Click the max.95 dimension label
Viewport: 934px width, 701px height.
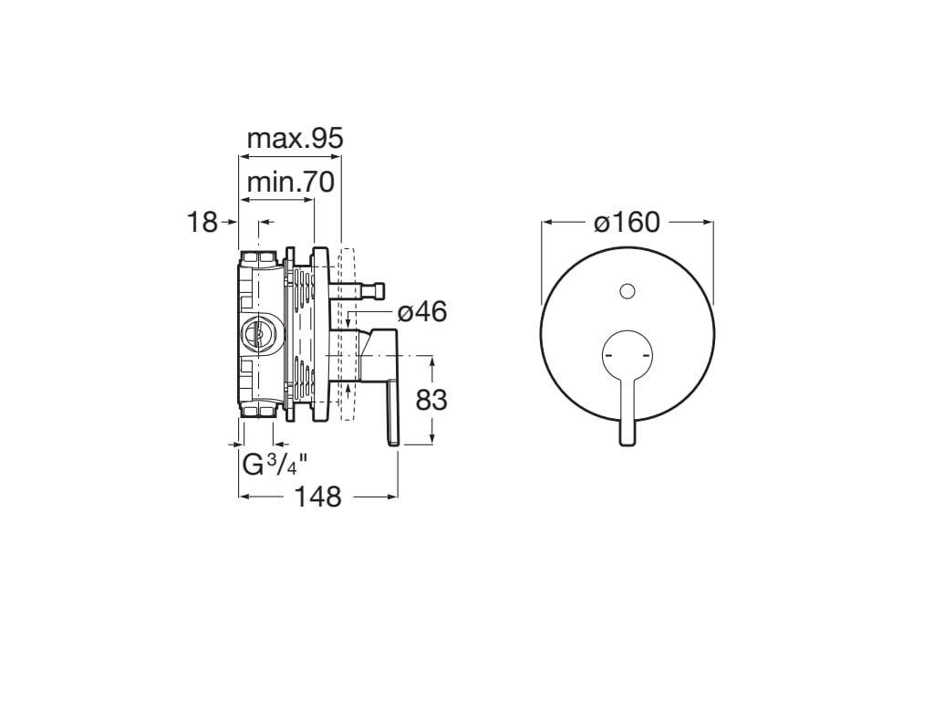coord(295,139)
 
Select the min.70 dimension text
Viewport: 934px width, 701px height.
coord(291,182)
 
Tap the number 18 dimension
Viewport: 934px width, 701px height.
coord(202,221)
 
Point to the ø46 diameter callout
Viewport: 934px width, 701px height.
coord(421,312)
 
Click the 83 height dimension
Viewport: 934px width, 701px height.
coord(431,400)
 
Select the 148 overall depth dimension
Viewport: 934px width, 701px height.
coord(318,497)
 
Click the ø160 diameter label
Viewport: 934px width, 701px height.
coord(627,222)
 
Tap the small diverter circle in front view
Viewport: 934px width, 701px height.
coord(627,291)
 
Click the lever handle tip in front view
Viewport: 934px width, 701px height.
coord(627,438)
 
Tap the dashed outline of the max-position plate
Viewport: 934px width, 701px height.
coord(346,334)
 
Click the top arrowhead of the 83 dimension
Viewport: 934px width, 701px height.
coord(431,361)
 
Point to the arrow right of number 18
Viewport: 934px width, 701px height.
coord(266,221)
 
